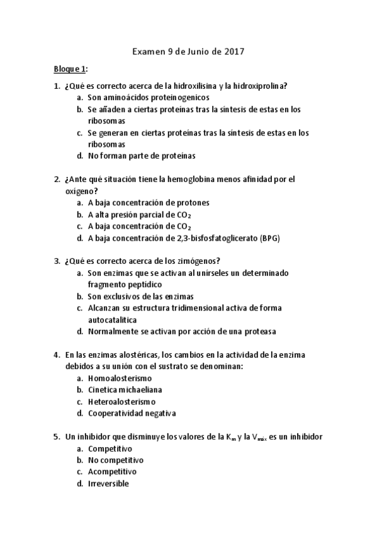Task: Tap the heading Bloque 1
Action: pyautogui.click(x=69, y=69)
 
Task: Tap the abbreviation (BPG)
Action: pyautogui.click(x=266, y=238)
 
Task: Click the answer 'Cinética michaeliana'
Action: pyautogui.click(x=127, y=390)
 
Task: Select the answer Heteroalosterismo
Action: pyautogui.click(x=121, y=401)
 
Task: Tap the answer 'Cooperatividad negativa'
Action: pyautogui.click(x=132, y=413)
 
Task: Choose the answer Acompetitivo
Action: pyautogui.click(x=112, y=471)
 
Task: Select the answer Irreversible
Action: pyautogui.click(x=108, y=483)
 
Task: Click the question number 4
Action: pyautogui.click(x=57, y=355)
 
